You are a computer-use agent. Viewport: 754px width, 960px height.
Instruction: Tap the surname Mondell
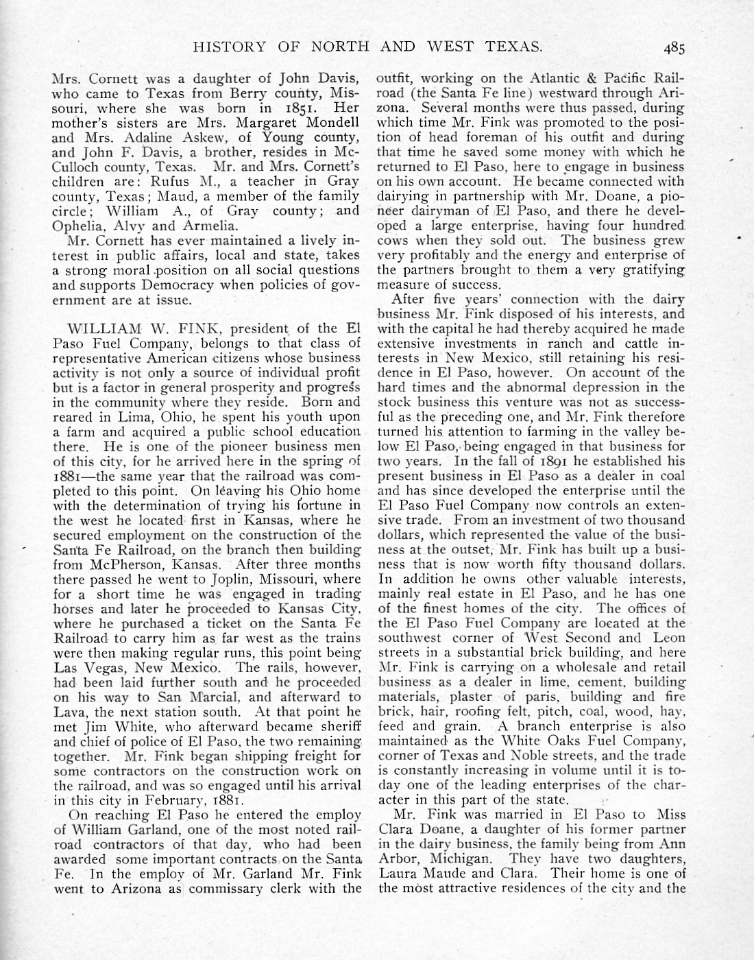coord(329,123)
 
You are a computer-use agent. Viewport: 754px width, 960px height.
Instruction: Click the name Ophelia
coord(75,226)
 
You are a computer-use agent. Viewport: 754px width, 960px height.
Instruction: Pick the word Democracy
coord(184,285)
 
